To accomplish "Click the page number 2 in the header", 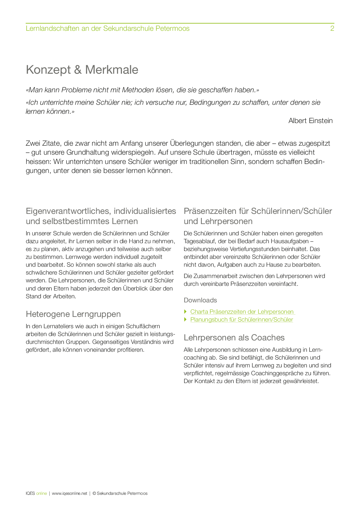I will pos(332,28).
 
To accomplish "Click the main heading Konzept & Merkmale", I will pos(82,70).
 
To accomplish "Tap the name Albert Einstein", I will pos(310,121).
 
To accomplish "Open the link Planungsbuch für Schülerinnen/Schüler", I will pos(242,320).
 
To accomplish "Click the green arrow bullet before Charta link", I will pos(186,312).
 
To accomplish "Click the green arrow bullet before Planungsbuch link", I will pos(186,320).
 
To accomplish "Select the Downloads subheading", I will pos(200,300).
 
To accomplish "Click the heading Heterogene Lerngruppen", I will pos(73,314).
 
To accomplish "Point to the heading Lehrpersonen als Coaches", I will pos(234,337).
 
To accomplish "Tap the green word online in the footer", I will pos(42,493).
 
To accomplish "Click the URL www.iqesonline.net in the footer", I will pos(70,493).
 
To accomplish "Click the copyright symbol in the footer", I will pos(94,493).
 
